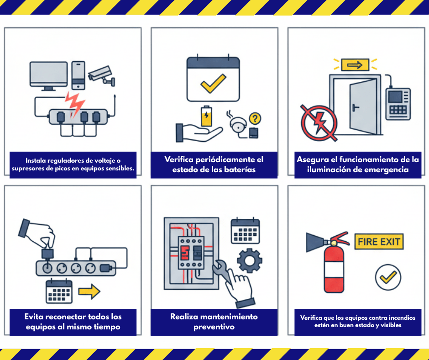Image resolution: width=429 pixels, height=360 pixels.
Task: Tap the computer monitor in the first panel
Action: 49,76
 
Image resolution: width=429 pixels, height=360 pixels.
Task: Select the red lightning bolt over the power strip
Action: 74,104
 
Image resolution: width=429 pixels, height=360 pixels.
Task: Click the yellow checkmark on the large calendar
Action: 213,83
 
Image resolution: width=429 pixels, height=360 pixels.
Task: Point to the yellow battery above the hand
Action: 206,116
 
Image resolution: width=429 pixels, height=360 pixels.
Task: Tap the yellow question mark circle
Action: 255,119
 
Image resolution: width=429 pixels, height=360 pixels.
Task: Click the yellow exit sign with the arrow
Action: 355,65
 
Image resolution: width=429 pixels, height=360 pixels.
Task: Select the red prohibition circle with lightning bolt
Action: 319,123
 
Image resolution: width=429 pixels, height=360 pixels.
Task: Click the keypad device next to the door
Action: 398,104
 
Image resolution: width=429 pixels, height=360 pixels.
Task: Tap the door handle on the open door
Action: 356,107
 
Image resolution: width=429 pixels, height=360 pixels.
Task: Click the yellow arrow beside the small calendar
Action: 89,291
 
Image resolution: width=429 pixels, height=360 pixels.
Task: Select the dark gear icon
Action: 250,260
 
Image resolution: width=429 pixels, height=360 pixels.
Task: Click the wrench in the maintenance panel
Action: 222,271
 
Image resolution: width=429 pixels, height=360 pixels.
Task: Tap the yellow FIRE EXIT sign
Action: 379,242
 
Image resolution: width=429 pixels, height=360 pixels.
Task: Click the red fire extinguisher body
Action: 334,268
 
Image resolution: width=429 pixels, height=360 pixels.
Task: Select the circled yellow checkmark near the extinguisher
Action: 388,277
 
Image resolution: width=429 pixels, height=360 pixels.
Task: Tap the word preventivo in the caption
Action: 214,327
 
